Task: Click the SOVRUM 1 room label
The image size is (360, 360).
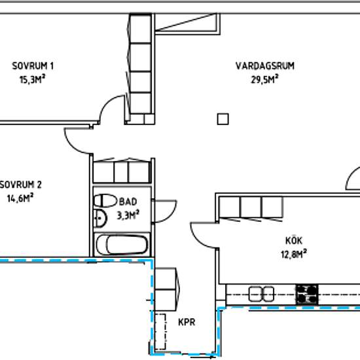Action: coord(33,66)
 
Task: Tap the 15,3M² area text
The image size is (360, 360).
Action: coord(32,79)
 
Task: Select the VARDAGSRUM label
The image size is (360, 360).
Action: coord(265,66)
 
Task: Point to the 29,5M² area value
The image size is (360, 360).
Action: coord(264,79)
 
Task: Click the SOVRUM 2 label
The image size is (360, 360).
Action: coord(21,185)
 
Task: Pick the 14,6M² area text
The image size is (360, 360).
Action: coord(20,198)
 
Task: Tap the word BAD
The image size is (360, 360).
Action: coord(128,202)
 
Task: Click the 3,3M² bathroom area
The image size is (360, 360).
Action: coord(128,215)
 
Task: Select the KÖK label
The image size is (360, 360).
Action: coord(294,240)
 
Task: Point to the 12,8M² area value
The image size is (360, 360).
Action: coord(294,254)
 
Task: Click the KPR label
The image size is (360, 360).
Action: coord(187,322)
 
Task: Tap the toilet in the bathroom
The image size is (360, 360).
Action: coord(105,201)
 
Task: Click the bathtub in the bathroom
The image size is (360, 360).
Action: coord(122,244)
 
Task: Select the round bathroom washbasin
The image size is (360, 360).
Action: coord(100,218)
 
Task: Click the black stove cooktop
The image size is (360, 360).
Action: coord(307,295)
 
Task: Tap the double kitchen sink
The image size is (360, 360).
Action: coord(262,294)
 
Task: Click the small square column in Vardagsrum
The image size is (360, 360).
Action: coord(223,119)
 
